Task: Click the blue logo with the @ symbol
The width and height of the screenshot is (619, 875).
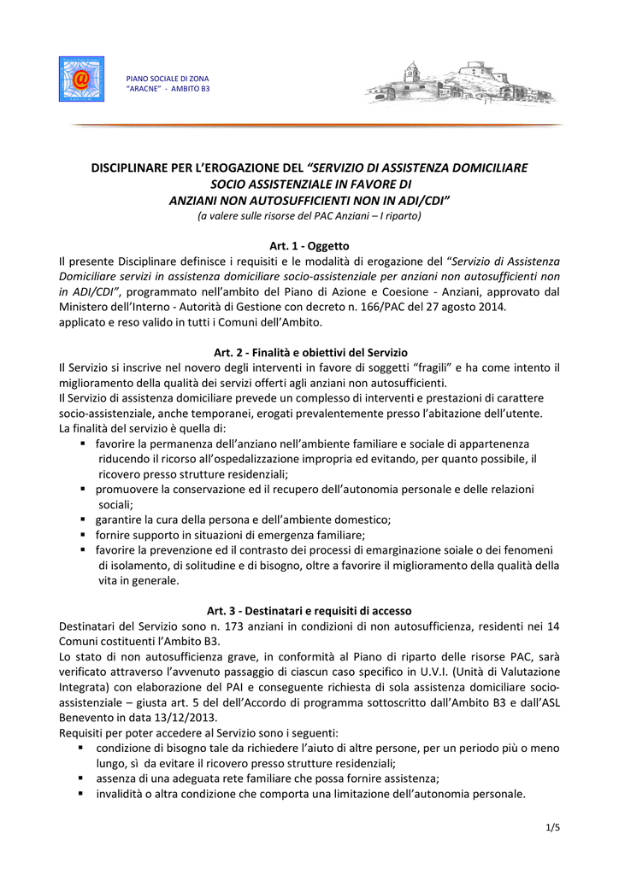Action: pyautogui.click(x=81, y=79)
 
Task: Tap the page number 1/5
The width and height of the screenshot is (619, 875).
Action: pyautogui.click(x=551, y=827)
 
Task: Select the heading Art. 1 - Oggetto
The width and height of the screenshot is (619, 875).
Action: pyautogui.click(x=309, y=246)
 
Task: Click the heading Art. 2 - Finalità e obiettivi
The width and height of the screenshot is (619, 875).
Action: pyautogui.click(x=309, y=352)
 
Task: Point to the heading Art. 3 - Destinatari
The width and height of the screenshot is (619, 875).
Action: pyautogui.click(x=309, y=611)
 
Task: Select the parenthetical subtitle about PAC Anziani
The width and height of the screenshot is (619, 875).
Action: pyautogui.click(x=309, y=216)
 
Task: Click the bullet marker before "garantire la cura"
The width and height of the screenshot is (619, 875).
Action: pyautogui.click(x=84, y=519)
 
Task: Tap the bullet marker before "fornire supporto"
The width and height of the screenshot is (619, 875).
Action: pyautogui.click(x=84, y=534)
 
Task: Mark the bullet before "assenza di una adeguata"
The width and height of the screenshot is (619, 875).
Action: pyautogui.click(x=80, y=778)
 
